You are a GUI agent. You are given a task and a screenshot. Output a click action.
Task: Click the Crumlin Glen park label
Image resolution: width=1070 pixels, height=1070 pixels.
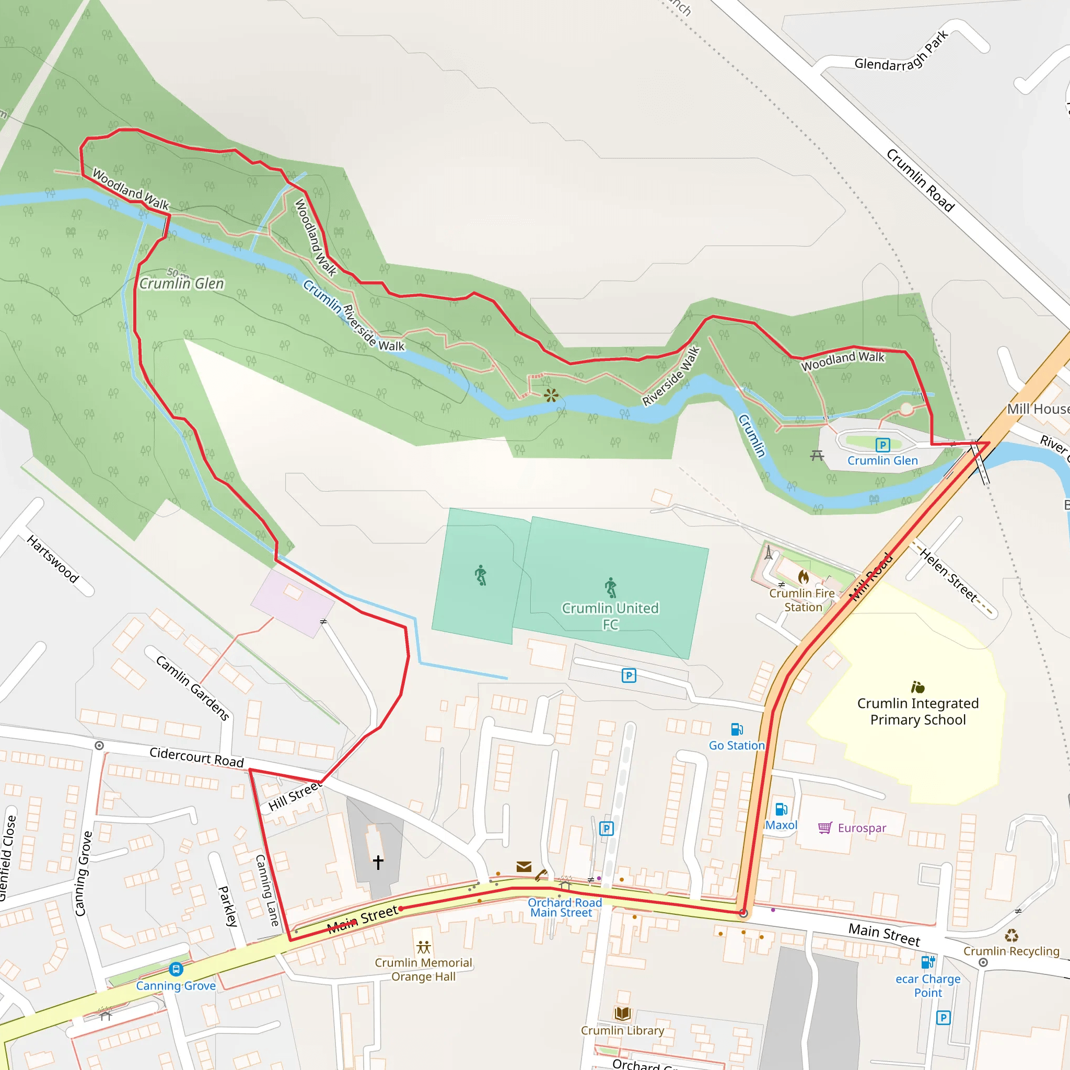pos(182,284)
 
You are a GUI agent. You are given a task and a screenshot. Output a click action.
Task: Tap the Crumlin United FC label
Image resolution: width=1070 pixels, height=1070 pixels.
pos(610,616)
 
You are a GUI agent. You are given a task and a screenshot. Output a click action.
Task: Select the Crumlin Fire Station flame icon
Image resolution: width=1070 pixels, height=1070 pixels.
pos(803,577)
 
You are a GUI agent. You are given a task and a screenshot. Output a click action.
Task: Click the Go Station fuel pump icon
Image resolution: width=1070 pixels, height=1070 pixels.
pos(737,729)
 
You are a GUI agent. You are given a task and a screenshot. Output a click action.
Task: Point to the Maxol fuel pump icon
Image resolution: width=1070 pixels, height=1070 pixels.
pos(781,809)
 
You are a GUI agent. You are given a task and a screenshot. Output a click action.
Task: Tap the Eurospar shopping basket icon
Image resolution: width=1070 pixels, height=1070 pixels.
pos(824,828)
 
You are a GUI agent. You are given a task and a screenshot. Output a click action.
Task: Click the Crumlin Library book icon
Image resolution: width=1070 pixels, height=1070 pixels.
pos(622,1014)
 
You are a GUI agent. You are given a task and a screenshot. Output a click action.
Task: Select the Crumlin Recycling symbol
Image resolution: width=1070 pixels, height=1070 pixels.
pos(1011,936)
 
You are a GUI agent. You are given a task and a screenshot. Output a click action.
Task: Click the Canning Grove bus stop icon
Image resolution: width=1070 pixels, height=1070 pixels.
pos(176,969)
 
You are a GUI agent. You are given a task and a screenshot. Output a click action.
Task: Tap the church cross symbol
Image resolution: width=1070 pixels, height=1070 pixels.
pos(378,862)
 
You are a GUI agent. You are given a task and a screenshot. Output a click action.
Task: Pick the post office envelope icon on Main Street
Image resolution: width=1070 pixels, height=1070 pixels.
pos(524,866)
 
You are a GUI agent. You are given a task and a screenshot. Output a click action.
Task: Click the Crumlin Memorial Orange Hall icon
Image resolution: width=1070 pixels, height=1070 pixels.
pos(424,947)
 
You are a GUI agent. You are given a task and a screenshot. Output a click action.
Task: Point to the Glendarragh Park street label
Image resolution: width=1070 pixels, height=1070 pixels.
pos(902,54)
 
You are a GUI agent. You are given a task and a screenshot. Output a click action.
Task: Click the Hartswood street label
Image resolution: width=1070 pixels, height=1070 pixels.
pos(53,559)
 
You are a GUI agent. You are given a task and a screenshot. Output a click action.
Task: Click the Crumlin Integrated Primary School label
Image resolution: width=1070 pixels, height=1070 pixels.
pos(917,711)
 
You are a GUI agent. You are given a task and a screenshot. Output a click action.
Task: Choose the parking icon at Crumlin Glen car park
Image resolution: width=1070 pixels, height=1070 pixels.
pos(883,445)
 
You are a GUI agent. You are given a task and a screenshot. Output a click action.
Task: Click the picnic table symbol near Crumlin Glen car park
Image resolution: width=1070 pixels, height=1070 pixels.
pos(818,455)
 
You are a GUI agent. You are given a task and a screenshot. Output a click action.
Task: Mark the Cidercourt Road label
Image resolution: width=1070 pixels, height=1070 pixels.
pos(196,757)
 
